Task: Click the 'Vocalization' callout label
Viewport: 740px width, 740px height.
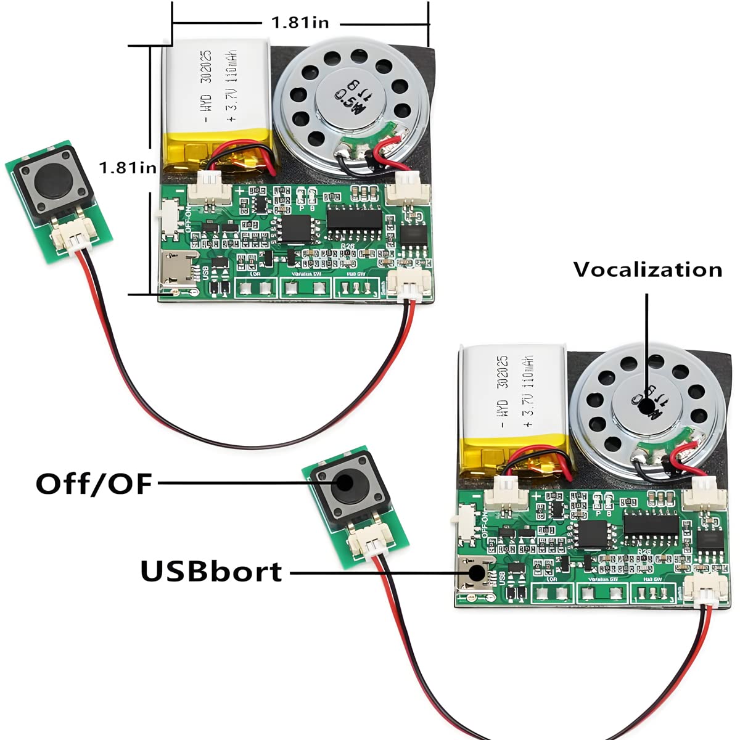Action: (647, 270)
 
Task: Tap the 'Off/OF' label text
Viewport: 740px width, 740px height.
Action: (94, 484)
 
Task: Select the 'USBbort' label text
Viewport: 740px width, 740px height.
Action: (212, 572)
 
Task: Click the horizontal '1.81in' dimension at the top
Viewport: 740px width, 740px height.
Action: (300, 23)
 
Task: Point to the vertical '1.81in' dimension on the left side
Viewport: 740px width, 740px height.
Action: (128, 167)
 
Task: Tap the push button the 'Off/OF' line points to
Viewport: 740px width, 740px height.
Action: (346, 487)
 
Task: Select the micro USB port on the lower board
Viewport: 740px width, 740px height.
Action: (475, 572)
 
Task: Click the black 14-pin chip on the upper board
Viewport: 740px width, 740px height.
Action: (354, 218)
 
